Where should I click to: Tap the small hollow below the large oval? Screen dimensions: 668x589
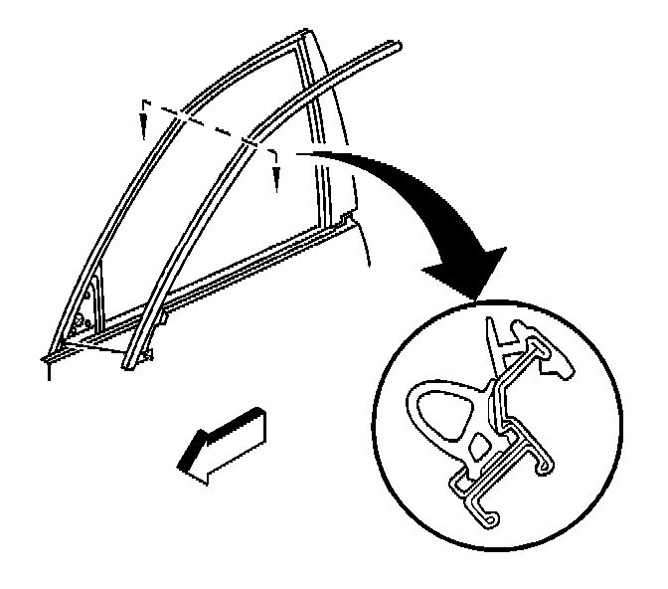tap(479, 446)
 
